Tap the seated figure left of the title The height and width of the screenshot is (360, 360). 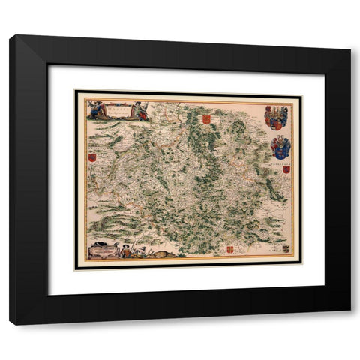pyautogui.click(x=95, y=109)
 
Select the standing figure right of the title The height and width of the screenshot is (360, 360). pyautogui.click(x=140, y=109)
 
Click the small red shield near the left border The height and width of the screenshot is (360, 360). pyautogui.click(x=92, y=158)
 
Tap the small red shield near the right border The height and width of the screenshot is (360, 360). pyautogui.click(x=286, y=171)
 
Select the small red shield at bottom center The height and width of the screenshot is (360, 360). pyautogui.click(x=229, y=248)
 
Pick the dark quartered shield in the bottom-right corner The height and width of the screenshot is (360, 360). pyautogui.click(x=286, y=247)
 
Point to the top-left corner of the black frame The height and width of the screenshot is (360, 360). pyautogui.click(x=10, y=36)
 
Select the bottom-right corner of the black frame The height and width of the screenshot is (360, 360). pyautogui.click(x=349, y=323)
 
